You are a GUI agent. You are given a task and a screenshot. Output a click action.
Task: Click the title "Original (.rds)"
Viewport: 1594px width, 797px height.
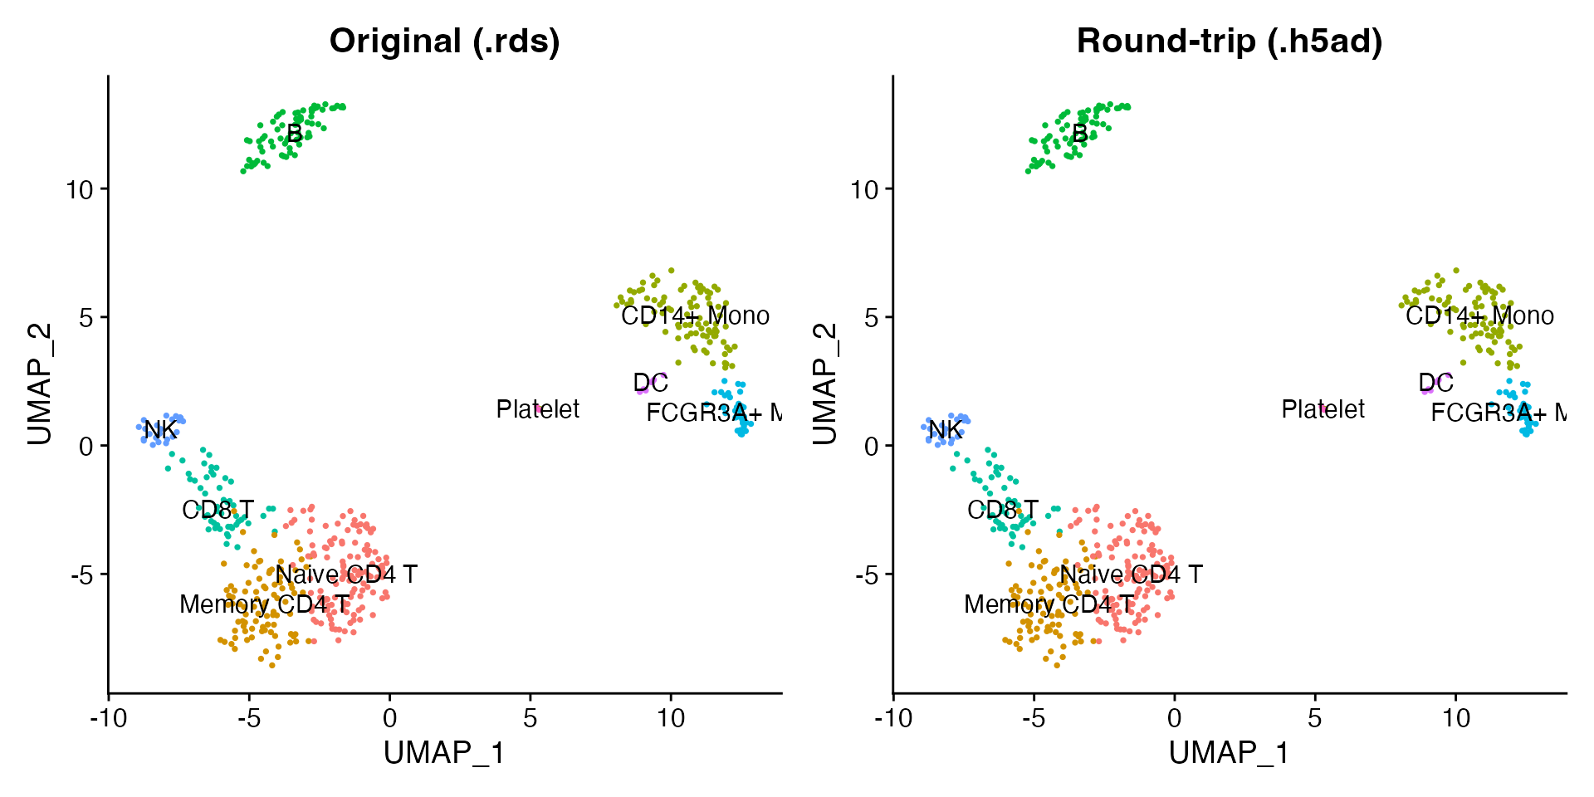click(x=444, y=41)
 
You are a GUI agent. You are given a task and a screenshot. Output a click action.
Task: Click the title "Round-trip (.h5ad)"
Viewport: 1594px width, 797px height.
click(x=1229, y=41)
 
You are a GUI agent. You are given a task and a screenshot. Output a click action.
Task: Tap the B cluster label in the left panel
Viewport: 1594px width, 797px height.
click(x=294, y=133)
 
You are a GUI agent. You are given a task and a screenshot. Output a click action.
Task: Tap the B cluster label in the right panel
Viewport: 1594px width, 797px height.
click(x=1079, y=133)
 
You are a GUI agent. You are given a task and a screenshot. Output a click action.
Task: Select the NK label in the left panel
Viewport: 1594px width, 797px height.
click(x=160, y=430)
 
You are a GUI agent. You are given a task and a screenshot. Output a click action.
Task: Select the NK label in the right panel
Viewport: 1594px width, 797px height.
click(x=946, y=430)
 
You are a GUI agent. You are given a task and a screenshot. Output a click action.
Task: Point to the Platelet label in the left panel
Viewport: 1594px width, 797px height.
click(x=538, y=409)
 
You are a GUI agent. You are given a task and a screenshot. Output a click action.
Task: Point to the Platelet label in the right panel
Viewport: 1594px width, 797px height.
click(x=1323, y=409)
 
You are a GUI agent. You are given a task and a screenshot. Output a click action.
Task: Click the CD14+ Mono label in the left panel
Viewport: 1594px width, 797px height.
click(x=695, y=315)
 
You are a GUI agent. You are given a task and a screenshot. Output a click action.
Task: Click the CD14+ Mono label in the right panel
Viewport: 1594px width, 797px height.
click(x=1479, y=315)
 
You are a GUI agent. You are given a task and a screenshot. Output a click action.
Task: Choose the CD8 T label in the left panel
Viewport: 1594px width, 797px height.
click(x=218, y=510)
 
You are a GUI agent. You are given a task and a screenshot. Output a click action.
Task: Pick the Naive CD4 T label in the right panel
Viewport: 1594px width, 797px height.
click(x=1131, y=575)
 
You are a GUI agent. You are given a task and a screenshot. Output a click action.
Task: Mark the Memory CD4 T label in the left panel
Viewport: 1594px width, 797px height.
click(x=264, y=604)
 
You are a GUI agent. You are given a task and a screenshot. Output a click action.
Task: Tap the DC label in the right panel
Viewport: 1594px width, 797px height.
click(x=1435, y=383)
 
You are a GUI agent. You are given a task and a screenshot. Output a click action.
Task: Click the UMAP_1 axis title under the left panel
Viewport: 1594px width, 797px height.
click(x=444, y=753)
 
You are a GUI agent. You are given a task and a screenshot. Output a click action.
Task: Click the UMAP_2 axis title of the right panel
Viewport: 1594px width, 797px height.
click(x=824, y=384)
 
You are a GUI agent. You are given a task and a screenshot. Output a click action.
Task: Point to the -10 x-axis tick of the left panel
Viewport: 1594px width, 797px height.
click(x=108, y=718)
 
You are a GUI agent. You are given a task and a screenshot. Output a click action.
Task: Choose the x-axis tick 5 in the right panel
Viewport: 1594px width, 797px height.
click(x=1314, y=718)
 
